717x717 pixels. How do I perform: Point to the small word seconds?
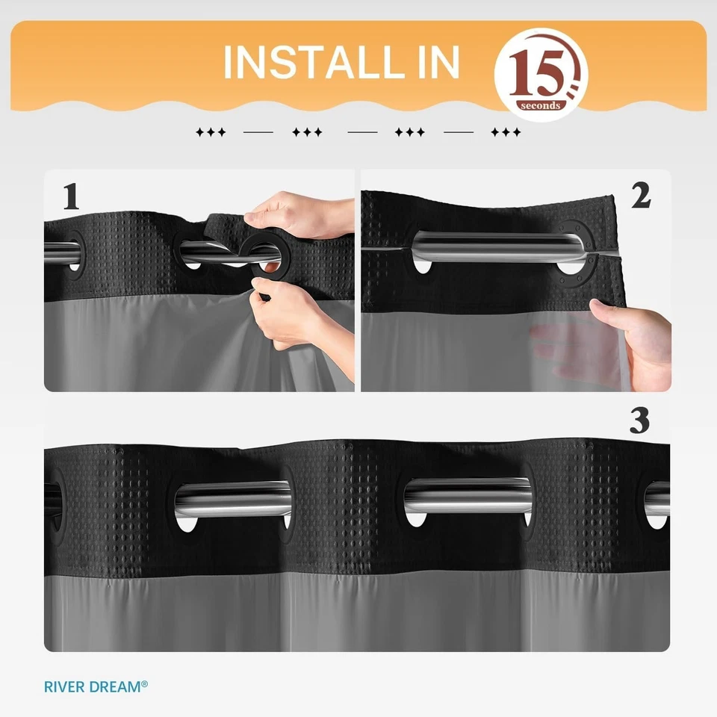click(x=541, y=105)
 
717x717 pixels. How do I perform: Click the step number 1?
click(x=71, y=196)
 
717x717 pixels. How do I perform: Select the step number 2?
click(x=641, y=195)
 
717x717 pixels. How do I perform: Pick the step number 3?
click(x=639, y=422)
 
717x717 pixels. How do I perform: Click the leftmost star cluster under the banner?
click(x=211, y=133)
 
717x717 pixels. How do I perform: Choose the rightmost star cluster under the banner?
click(x=506, y=133)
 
